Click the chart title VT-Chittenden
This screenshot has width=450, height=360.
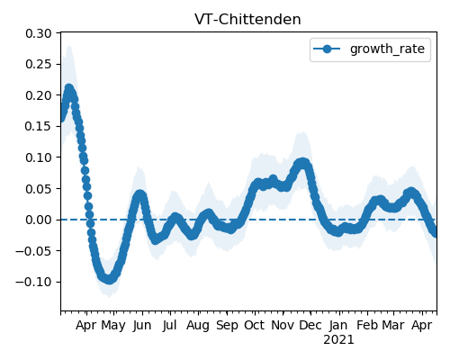pyautogui.click(x=247, y=20)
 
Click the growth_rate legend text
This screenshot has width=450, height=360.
pyautogui.click(x=387, y=49)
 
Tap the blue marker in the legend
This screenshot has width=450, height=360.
pyautogui.click(x=327, y=49)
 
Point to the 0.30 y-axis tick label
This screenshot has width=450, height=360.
pyautogui.click(x=39, y=33)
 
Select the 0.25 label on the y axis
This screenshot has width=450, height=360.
pyautogui.click(x=39, y=64)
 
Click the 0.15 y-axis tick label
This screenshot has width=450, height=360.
pyautogui.click(x=39, y=126)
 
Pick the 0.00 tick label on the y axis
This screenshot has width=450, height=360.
pyautogui.click(x=39, y=220)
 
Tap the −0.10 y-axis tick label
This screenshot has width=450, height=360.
pyautogui.click(x=33, y=282)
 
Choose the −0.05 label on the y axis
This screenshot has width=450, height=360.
pyautogui.click(x=33, y=251)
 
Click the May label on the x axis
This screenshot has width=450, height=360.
pyautogui.click(x=113, y=326)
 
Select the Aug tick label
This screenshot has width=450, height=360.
pyautogui.click(x=198, y=326)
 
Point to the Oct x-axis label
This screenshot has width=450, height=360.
pyautogui.click(x=255, y=325)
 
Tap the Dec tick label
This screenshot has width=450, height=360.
pyautogui.click(x=310, y=325)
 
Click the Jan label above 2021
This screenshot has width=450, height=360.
pyautogui.click(x=338, y=325)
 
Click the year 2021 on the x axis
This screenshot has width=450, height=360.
pyautogui.click(x=338, y=340)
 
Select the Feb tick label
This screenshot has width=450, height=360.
pyautogui.click(x=367, y=325)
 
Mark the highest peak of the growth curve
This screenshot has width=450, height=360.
pyautogui.click(x=69, y=88)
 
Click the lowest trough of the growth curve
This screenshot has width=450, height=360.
pyautogui.click(x=109, y=280)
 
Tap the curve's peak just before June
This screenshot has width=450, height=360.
pyautogui.click(x=139, y=195)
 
